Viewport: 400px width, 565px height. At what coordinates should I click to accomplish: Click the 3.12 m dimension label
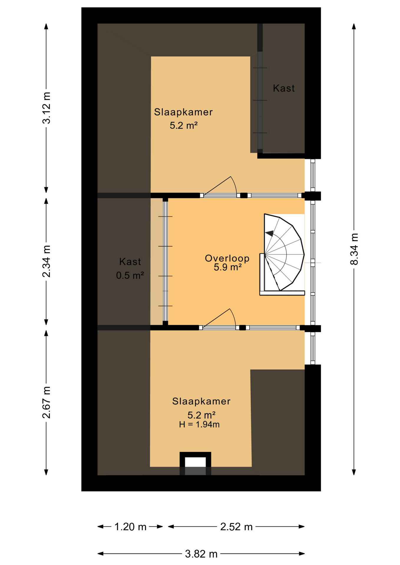pyautogui.click(x=46, y=108)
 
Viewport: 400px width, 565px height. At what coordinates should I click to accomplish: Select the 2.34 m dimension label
pyautogui.click(x=46, y=261)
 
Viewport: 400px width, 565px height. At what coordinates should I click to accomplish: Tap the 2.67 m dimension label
pyautogui.click(x=46, y=402)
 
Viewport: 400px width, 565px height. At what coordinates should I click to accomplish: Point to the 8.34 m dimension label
pyautogui.click(x=354, y=249)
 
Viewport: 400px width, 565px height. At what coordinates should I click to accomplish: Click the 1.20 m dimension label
pyautogui.click(x=130, y=527)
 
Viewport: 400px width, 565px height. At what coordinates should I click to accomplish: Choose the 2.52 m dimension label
pyautogui.click(x=236, y=527)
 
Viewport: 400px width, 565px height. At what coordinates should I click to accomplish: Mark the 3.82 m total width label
pyautogui.click(x=201, y=554)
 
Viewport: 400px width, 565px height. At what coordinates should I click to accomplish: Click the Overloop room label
pyautogui.click(x=227, y=258)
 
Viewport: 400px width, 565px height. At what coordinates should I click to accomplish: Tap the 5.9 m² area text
pyautogui.click(x=228, y=267)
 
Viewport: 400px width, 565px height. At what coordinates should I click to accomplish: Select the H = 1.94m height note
pyautogui.click(x=199, y=424)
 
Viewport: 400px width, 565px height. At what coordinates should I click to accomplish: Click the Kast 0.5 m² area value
pyautogui.click(x=130, y=275)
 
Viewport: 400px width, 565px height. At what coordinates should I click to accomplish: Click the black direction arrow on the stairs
pyautogui.click(x=269, y=233)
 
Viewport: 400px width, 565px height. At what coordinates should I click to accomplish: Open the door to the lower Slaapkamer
pyautogui.click(x=219, y=318)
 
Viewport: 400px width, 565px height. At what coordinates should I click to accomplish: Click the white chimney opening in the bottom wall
pyautogui.click(x=195, y=462)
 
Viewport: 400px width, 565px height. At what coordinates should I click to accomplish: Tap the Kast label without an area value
pyautogui.click(x=284, y=88)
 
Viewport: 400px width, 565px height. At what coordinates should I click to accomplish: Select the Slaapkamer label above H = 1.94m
pyautogui.click(x=201, y=401)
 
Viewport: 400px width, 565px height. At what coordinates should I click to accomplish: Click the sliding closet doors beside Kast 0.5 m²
pyautogui.click(x=165, y=261)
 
